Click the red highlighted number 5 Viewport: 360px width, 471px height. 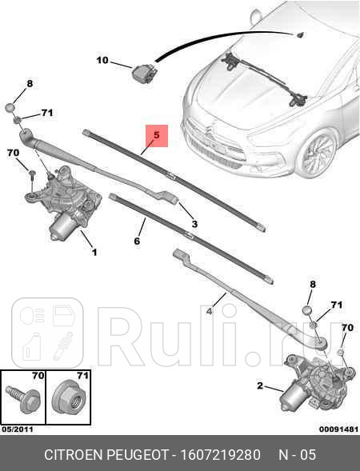(156, 137)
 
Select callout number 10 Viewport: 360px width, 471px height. (102, 60)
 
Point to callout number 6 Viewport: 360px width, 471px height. (137, 241)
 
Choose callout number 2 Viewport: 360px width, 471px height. (260, 386)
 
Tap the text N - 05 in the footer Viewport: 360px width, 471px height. (298, 455)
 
